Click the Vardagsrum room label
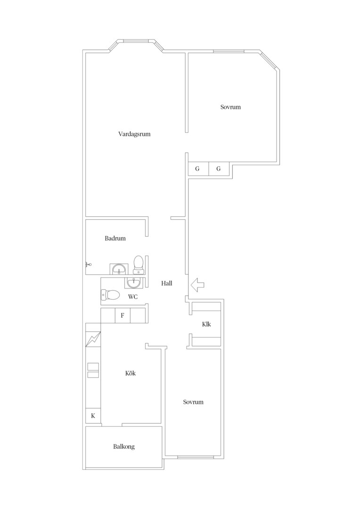tap(134, 134)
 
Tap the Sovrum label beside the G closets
tap(230, 107)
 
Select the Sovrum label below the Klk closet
tap(193, 402)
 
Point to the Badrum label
tap(115, 238)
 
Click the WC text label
tap(133, 297)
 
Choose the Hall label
tap(166, 283)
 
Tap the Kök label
tap(131, 373)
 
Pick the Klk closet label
tap(206, 324)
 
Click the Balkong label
tap(124, 447)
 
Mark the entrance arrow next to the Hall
tap(197, 285)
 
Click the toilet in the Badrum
tap(138, 265)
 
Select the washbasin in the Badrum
tap(118, 269)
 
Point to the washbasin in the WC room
tap(133, 283)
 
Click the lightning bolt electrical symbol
tap(93, 339)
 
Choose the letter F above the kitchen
tap(123, 315)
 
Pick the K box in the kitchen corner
tap(93, 416)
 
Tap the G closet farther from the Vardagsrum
tap(219, 169)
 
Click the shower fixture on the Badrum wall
tap(88, 264)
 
